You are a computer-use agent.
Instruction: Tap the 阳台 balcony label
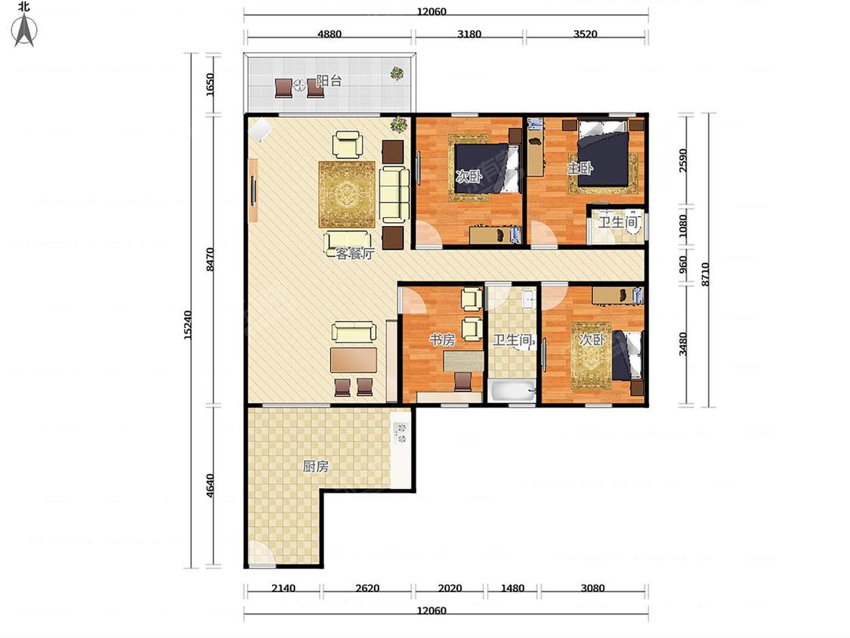tap(329, 81)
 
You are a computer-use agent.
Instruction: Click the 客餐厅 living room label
tap(355, 253)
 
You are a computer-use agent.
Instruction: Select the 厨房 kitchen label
tap(316, 466)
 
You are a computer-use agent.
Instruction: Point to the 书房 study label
tap(442, 339)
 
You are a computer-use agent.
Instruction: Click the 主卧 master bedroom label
tap(580, 168)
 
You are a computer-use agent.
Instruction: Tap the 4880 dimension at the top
tap(329, 33)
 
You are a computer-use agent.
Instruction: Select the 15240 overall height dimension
tap(187, 325)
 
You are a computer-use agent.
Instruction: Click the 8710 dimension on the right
tap(705, 274)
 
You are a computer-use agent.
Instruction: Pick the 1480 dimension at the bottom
tap(512, 587)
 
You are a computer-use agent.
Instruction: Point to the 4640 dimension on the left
tap(210, 485)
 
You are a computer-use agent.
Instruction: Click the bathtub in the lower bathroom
tap(512, 391)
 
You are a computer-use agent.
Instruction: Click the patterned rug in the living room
tap(347, 194)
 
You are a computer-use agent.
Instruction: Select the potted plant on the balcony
tap(397, 73)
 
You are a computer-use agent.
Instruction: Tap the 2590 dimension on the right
tap(683, 160)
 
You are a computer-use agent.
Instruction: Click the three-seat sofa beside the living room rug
tap(394, 195)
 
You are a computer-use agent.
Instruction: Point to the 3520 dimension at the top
tap(586, 33)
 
